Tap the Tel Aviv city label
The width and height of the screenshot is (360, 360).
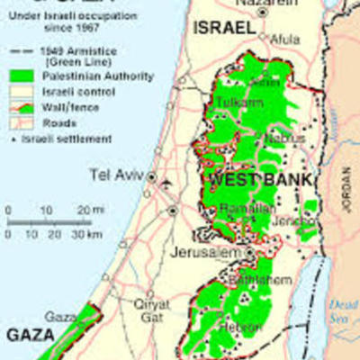coord(114,174)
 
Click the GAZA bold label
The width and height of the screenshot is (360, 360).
coord(31,334)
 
